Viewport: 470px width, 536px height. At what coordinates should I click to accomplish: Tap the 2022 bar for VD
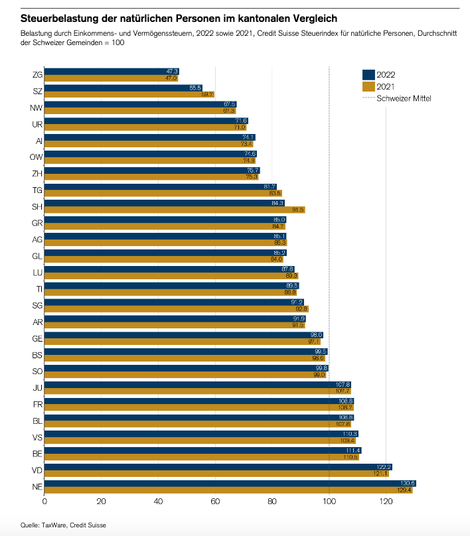pos(219,466)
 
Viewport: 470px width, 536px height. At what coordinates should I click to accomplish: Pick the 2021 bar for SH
pos(173,210)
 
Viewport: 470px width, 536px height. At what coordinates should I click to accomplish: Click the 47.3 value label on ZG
pos(173,71)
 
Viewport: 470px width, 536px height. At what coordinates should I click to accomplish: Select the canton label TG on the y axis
pos(38,190)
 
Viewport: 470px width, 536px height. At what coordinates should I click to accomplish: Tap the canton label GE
pos(38,338)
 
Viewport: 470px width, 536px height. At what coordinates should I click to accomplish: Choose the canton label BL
pos(38,421)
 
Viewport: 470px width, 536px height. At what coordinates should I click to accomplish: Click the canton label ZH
pos(38,174)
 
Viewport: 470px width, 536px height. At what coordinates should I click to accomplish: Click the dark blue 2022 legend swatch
pos(368,74)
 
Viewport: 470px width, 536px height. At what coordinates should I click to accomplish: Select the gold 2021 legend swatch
pos(368,86)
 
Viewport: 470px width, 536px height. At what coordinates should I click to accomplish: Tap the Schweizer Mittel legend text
pos(404,98)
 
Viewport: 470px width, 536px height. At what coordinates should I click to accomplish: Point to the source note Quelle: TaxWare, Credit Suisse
pos(63,525)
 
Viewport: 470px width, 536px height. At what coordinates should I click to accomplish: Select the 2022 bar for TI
pos(173,285)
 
